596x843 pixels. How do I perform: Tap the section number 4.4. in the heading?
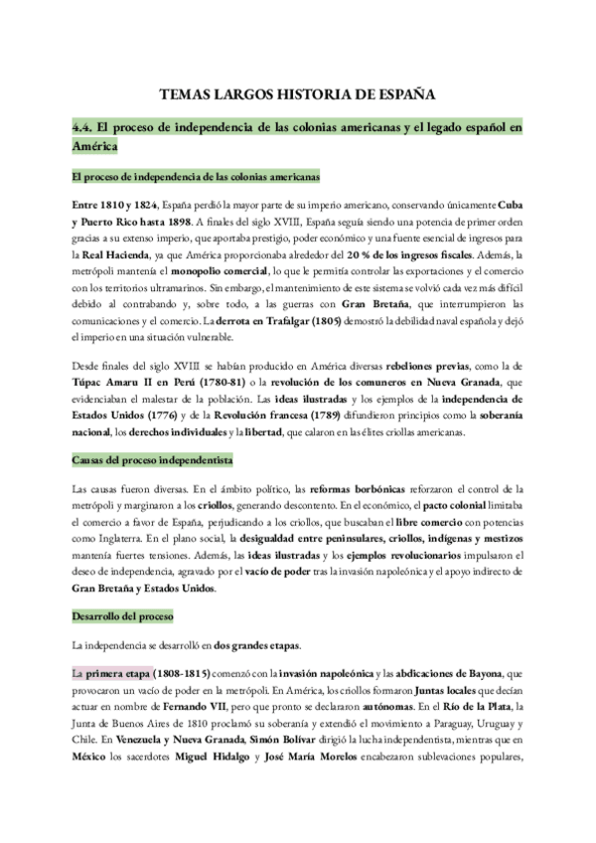[x=86, y=128]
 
